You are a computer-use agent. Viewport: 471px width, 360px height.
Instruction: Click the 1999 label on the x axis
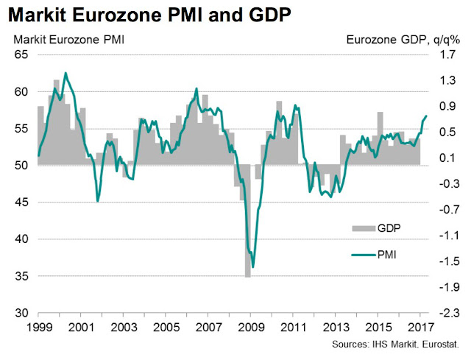click(38, 326)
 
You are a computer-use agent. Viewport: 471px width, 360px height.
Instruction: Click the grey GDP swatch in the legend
click(362, 228)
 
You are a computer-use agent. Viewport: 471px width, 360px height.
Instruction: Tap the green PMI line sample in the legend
click(362, 255)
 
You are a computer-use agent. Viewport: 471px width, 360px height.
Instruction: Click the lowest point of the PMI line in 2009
click(253, 267)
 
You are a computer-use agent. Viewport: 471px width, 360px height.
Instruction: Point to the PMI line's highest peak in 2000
click(65, 73)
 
